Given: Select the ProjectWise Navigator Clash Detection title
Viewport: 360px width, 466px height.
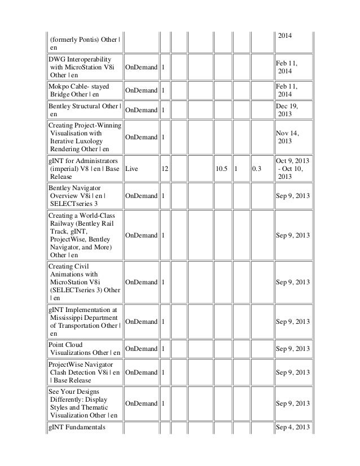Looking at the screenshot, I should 84,373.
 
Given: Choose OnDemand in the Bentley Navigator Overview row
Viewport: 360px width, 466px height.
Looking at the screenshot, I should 141,196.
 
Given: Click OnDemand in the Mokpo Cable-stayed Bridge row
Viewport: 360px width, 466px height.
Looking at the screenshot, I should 141,89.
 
